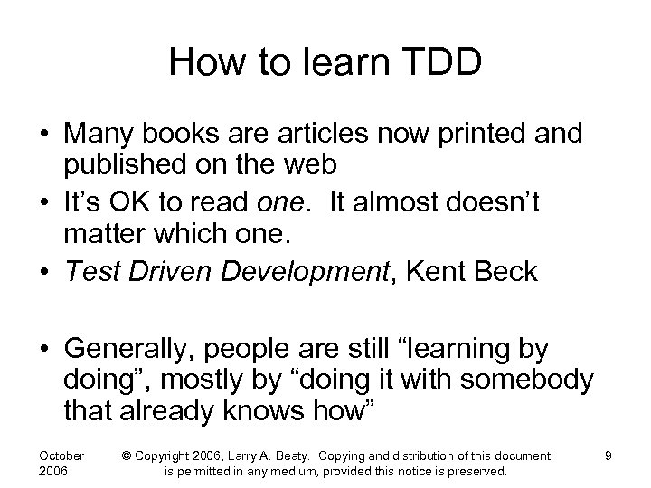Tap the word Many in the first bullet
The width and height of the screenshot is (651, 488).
coord(99,135)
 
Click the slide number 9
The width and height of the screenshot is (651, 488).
coord(609,455)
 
